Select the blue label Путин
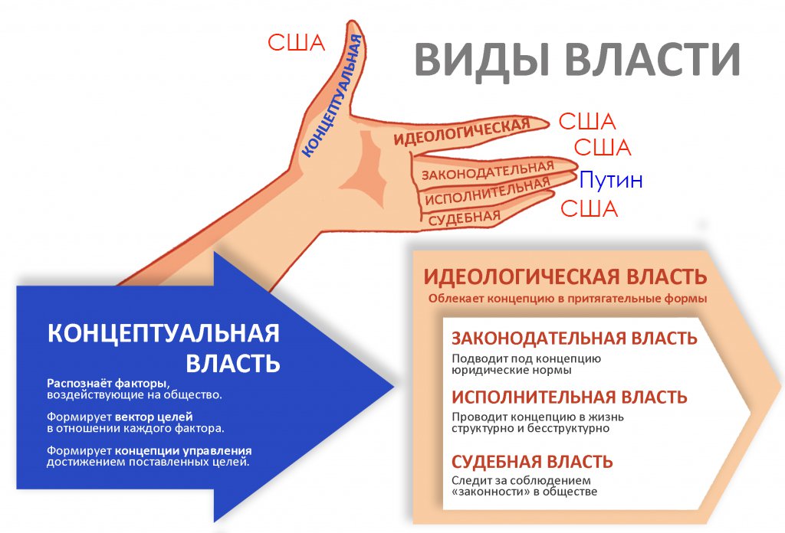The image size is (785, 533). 610,181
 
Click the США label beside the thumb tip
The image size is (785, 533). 296,43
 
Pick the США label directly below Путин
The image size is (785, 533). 589,209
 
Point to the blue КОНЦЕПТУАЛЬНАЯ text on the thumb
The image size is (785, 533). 332,96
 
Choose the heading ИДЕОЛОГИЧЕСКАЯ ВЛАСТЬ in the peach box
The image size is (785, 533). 565,276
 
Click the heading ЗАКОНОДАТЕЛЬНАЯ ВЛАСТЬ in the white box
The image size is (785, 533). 573,338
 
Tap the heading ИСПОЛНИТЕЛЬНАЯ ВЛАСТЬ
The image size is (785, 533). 569,397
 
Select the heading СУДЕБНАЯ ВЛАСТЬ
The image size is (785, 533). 532,462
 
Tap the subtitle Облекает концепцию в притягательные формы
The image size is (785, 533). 567,299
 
